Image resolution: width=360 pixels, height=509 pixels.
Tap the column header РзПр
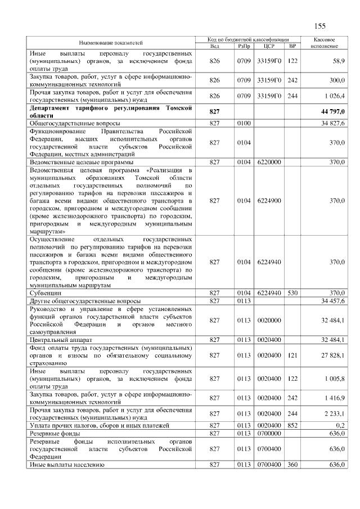click(244, 46)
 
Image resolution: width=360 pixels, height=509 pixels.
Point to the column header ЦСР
click(268, 46)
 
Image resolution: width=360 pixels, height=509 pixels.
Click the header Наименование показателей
click(110, 42)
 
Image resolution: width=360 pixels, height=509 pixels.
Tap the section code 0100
click(244, 123)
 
